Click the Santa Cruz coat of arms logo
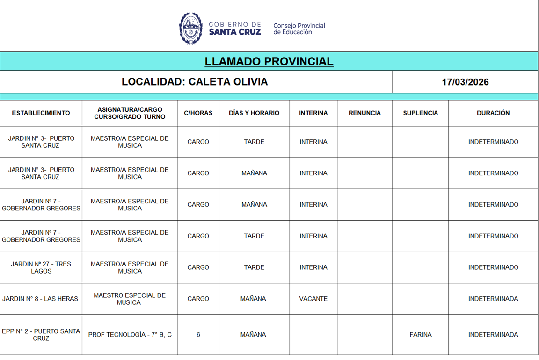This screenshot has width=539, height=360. click(190, 29)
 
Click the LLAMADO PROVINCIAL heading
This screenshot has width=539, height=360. click(269, 61)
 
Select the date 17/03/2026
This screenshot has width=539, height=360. click(465, 82)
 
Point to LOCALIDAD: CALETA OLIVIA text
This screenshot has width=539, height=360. click(195, 82)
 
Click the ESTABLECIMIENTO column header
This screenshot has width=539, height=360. click(41, 113)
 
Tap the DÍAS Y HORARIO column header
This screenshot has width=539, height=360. click(254, 113)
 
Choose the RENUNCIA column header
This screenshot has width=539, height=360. click(364, 113)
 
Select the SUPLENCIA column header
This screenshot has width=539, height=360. click(421, 113)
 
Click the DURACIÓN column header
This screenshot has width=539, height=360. click(493, 113)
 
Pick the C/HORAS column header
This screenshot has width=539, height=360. click(198, 113)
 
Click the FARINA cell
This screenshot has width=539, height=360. click(420, 335)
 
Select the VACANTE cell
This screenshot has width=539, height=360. click(313, 299)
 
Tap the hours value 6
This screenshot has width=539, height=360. click(198, 335)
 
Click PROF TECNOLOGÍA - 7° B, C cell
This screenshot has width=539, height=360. click(130, 335)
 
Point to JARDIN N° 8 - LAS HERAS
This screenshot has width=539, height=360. click(40, 299)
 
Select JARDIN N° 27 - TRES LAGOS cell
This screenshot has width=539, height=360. click(41, 267)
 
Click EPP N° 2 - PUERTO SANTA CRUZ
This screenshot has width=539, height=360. click(41, 335)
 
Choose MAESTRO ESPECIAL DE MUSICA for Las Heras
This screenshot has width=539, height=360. click(130, 299)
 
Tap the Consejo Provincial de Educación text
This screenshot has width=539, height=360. click(299, 29)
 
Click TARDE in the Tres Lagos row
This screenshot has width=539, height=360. click(254, 267)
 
